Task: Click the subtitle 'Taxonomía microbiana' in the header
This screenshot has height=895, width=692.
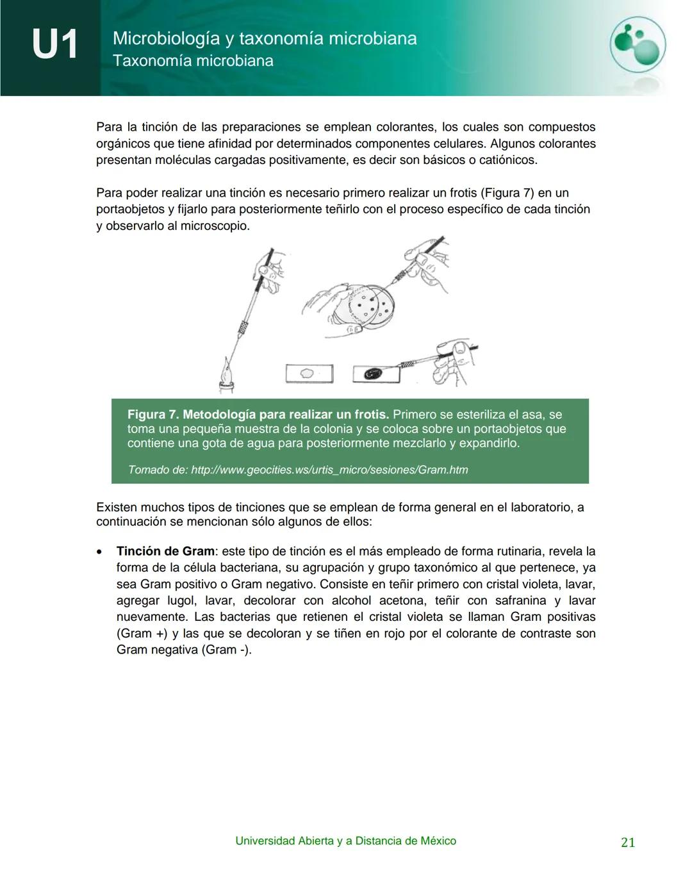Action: point(193,61)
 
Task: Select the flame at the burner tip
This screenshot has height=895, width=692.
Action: point(227,371)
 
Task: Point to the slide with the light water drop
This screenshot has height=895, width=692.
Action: point(309,373)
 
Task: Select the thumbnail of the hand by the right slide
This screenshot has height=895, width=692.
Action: point(460,348)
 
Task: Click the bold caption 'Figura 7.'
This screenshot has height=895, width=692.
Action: point(152,415)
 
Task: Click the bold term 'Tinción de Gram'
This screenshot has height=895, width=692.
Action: point(165,551)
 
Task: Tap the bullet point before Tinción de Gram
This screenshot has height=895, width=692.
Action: point(99,552)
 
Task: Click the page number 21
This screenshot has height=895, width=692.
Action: point(628,842)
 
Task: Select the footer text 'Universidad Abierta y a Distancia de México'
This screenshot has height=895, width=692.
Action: point(345,841)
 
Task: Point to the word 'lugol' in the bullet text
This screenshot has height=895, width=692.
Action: point(181,600)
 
